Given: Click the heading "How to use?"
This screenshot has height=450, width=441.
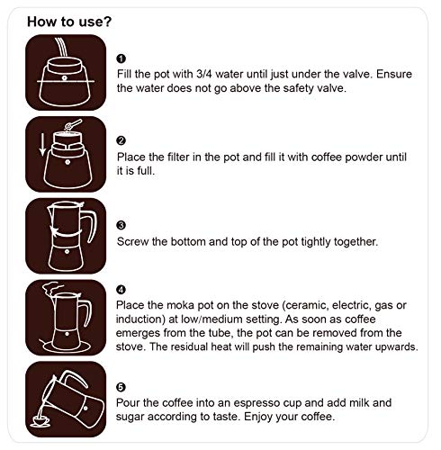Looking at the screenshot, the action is [x=69, y=22].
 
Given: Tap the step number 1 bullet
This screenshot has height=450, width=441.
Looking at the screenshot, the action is [x=121, y=58].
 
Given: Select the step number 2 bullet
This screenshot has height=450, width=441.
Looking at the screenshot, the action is [x=121, y=140].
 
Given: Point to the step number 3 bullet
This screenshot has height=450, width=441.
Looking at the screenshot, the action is [x=121, y=225].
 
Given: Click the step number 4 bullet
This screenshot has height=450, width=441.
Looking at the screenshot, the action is [x=121, y=290].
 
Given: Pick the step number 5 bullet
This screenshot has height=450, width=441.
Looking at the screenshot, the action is [x=121, y=387].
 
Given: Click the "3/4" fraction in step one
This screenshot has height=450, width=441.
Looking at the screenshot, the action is [x=204, y=74].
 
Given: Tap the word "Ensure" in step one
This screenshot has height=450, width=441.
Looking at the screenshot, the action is [x=394, y=74].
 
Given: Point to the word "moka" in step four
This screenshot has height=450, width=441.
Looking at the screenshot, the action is [x=180, y=305].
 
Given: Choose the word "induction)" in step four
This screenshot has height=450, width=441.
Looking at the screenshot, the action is [x=140, y=319].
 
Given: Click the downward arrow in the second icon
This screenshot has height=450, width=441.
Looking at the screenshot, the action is [x=43, y=145].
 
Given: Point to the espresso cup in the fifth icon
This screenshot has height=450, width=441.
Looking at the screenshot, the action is [x=40, y=420].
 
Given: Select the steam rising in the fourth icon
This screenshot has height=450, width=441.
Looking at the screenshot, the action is [x=49, y=289].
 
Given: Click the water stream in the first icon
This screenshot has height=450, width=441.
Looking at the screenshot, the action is [x=61, y=47].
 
